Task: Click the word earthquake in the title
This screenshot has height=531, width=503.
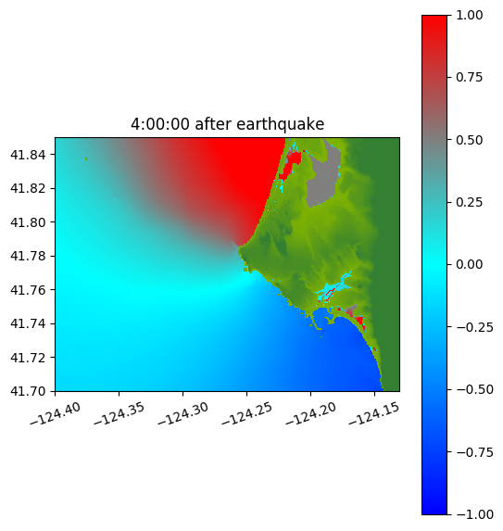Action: click(x=281, y=124)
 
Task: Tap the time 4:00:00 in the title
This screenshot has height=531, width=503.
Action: click(x=160, y=124)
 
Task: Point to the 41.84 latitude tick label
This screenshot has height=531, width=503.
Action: click(x=28, y=155)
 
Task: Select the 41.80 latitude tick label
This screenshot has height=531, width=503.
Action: click(x=28, y=222)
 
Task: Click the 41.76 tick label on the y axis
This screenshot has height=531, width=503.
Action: click(x=28, y=290)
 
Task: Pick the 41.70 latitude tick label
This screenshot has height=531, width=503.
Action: click(x=28, y=391)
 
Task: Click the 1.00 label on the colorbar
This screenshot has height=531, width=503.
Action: click(x=470, y=15)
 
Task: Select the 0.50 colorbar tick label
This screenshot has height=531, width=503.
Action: click(x=470, y=140)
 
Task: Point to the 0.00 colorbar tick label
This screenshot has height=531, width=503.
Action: click(x=470, y=264)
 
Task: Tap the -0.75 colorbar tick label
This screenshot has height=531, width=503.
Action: click(x=474, y=452)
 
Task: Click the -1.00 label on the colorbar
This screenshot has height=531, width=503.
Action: click(x=474, y=514)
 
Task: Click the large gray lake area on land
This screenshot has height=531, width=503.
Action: click(x=324, y=180)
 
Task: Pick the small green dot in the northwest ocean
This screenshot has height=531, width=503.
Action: click(x=86, y=158)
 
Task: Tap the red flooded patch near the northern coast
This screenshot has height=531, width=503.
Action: click(x=289, y=164)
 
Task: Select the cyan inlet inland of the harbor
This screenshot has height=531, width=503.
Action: click(x=333, y=287)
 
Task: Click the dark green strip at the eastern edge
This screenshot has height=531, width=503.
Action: click(x=387, y=264)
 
